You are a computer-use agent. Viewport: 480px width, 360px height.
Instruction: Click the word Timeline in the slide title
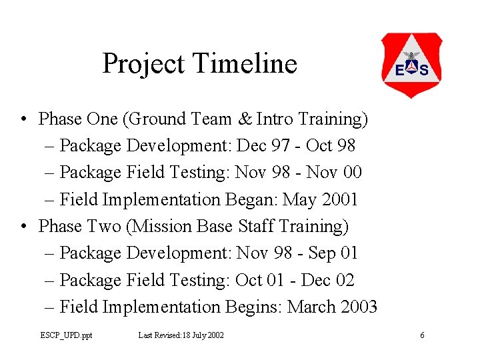point(245,64)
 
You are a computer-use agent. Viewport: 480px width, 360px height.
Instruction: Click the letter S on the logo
point(423,70)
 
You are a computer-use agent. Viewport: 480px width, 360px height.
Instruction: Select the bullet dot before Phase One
point(24,119)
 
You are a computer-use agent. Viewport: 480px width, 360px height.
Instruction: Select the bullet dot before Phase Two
point(24,227)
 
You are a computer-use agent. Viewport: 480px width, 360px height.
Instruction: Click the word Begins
point(254,307)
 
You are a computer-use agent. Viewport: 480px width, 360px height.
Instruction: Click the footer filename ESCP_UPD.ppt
point(66,335)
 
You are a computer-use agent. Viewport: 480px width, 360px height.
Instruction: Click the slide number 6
point(422,335)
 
